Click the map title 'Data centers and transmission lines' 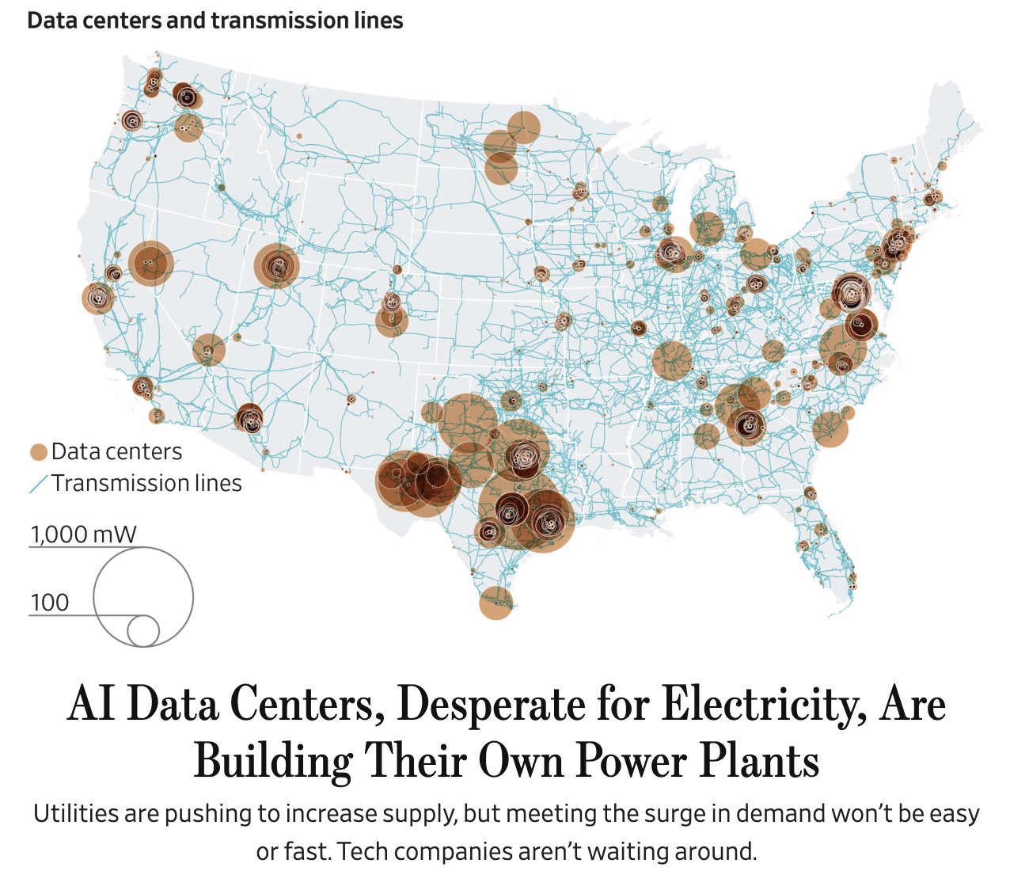215,21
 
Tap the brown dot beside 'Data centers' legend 38,453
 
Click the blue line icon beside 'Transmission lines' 38,483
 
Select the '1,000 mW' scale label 83,534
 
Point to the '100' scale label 49,603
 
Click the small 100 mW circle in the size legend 143,631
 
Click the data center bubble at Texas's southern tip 496,603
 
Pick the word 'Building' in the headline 272,762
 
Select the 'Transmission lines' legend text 146,483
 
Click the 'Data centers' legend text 116,452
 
